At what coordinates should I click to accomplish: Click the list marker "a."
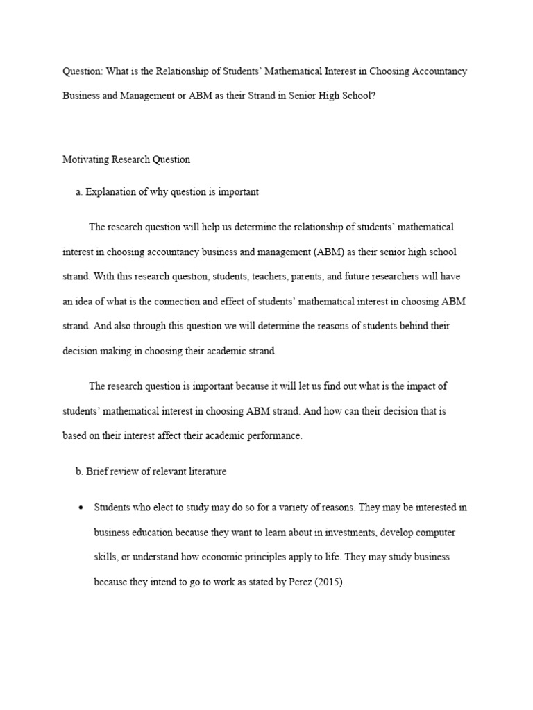79,192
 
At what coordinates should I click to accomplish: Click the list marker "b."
79,471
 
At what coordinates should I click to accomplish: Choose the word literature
203,471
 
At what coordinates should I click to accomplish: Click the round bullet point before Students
81,508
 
